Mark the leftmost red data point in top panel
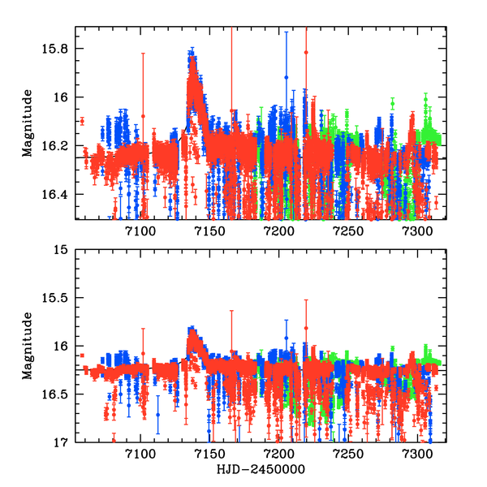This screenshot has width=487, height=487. [x=82, y=122]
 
